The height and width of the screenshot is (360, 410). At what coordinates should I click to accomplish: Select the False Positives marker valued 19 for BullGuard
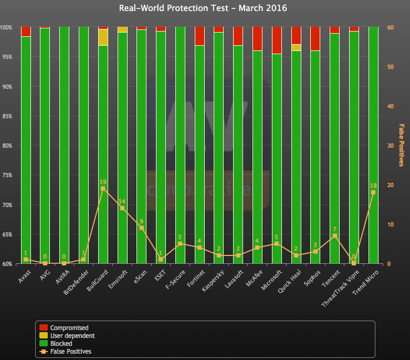[103, 188]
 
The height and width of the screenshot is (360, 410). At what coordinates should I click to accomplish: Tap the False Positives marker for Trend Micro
[373, 192]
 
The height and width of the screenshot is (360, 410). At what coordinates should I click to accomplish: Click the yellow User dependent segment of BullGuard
[103, 37]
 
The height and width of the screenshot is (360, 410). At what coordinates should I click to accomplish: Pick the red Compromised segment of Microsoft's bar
[277, 40]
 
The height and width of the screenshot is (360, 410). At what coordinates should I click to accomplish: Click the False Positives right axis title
[402, 145]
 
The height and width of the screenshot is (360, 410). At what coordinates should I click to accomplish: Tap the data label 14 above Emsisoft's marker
[122, 201]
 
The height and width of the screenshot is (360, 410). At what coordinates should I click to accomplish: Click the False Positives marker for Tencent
[334, 236]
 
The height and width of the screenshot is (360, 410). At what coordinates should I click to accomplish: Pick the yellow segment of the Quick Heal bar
[296, 47]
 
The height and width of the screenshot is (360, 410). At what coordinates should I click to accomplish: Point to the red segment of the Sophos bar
[315, 38]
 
